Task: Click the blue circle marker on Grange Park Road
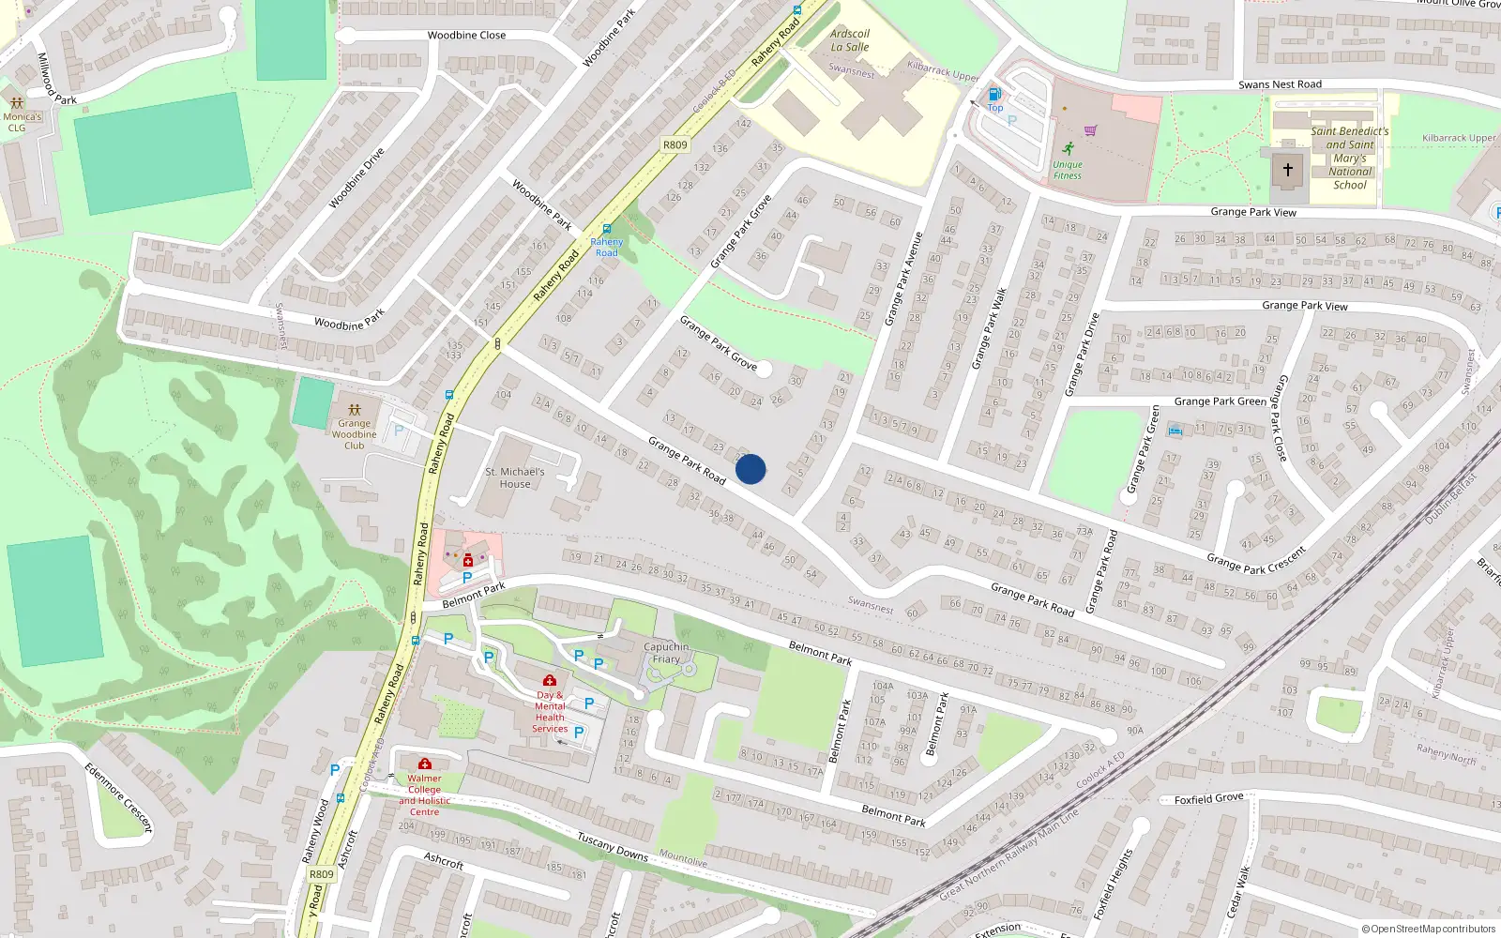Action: pyautogui.click(x=750, y=469)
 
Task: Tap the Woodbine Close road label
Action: pyautogui.click(x=466, y=36)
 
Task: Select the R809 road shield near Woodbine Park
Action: pyautogui.click(x=675, y=144)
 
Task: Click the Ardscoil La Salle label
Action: pyautogui.click(x=850, y=40)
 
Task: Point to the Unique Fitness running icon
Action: pyautogui.click(x=1068, y=148)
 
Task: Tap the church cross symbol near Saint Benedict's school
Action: pyautogui.click(x=1287, y=170)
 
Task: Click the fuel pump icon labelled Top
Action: pyautogui.click(x=994, y=94)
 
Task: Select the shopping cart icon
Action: pyautogui.click(x=1090, y=130)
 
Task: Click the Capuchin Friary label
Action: pyautogui.click(x=666, y=653)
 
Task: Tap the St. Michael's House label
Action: pyautogui.click(x=514, y=478)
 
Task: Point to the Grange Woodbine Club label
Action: pyautogui.click(x=354, y=434)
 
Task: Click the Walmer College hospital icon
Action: pyautogui.click(x=425, y=764)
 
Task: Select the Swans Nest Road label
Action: pyautogui.click(x=1280, y=84)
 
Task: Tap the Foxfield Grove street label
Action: pyautogui.click(x=1208, y=799)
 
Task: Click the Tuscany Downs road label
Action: pyautogui.click(x=613, y=846)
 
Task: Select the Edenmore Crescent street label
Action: pyautogui.click(x=118, y=797)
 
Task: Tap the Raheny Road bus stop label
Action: pyautogui.click(x=607, y=248)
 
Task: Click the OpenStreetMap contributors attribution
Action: pyautogui.click(x=1429, y=930)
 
